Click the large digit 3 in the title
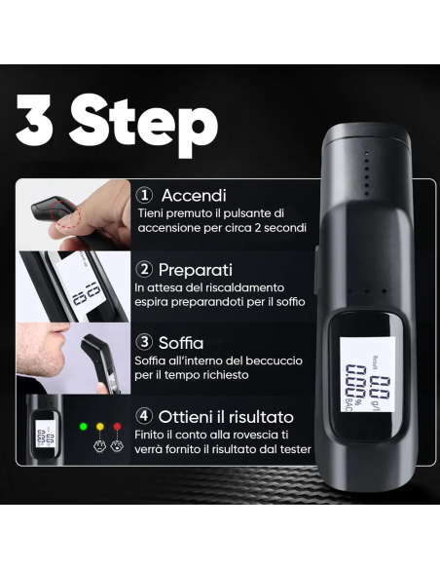[x=34, y=120]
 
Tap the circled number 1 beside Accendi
[x=144, y=195]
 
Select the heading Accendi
[x=194, y=195]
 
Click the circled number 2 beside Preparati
[x=144, y=269]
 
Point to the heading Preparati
[x=196, y=270]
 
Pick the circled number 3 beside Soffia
[x=144, y=342]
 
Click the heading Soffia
[x=181, y=343]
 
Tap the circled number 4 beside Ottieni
[x=144, y=416]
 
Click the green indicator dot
[x=84, y=427]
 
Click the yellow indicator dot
[x=100, y=427]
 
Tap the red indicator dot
[x=117, y=427]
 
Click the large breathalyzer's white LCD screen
[x=367, y=374]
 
